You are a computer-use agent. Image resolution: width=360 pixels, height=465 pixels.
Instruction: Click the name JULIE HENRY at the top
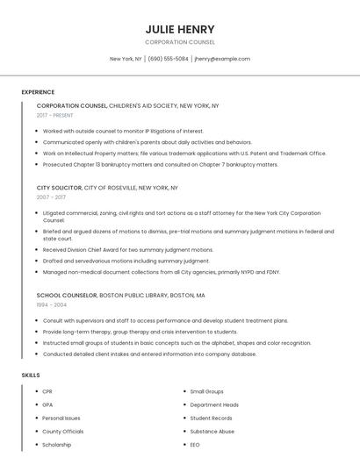coord(180,29)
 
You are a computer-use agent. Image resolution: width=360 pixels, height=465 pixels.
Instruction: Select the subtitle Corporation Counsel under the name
coord(180,42)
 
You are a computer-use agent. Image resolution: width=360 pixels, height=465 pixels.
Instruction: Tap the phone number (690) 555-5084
coord(168,59)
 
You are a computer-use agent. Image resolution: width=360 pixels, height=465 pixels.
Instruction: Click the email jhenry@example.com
coord(222,59)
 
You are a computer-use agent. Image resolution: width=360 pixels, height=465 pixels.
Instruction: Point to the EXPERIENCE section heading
coord(38,92)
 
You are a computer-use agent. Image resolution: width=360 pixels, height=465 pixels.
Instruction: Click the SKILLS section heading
coord(31,375)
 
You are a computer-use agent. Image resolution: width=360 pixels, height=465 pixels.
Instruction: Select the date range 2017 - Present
coord(54,115)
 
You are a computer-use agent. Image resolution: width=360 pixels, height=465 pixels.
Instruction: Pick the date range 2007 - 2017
coord(51,197)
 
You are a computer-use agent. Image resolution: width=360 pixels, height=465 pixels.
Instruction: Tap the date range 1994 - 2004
coord(51,304)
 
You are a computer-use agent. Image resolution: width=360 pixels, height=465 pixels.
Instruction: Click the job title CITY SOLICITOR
coord(59,188)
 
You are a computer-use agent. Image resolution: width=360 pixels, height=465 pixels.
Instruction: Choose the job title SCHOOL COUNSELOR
coord(67,296)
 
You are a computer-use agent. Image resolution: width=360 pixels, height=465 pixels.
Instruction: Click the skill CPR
coord(47,391)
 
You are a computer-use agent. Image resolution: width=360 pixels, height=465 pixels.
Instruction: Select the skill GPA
coord(47,404)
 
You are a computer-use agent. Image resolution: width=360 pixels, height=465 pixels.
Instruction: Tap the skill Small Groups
coord(206,391)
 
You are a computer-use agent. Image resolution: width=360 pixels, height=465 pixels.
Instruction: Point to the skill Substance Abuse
coord(212,432)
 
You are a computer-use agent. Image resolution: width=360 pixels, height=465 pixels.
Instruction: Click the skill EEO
coord(195,445)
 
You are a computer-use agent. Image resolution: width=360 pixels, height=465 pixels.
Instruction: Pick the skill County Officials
coord(62,432)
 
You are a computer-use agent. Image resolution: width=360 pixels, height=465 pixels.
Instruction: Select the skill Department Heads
coord(214,404)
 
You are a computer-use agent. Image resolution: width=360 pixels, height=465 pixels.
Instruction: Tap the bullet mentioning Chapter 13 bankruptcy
coord(160,164)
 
